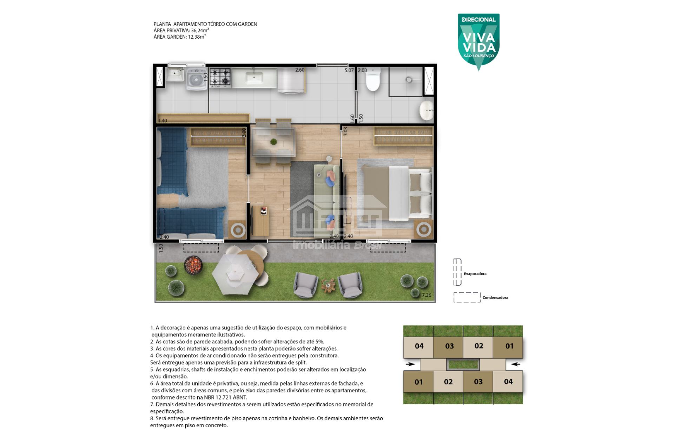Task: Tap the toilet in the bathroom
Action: (x=373, y=80)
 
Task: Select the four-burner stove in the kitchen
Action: (x=220, y=77)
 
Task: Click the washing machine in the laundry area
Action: (x=196, y=79)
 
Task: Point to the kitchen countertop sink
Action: (x=254, y=78)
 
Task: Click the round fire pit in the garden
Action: (x=193, y=265)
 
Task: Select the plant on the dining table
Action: (x=273, y=142)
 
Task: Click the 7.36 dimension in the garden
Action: (x=427, y=295)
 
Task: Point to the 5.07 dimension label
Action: (x=349, y=70)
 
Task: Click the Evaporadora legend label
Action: (x=475, y=274)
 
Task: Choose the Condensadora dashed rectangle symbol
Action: (x=467, y=297)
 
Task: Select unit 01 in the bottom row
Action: (x=418, y=382)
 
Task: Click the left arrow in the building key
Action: (x=410, y=364)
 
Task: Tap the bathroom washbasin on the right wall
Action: (x=427, y=110)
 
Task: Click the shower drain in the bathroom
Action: (x=409, y=80)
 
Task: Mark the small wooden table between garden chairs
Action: (x=328, y=286)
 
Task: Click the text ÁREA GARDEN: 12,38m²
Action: (x=180, y=37)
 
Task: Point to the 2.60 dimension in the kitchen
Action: (x=300, y=70)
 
